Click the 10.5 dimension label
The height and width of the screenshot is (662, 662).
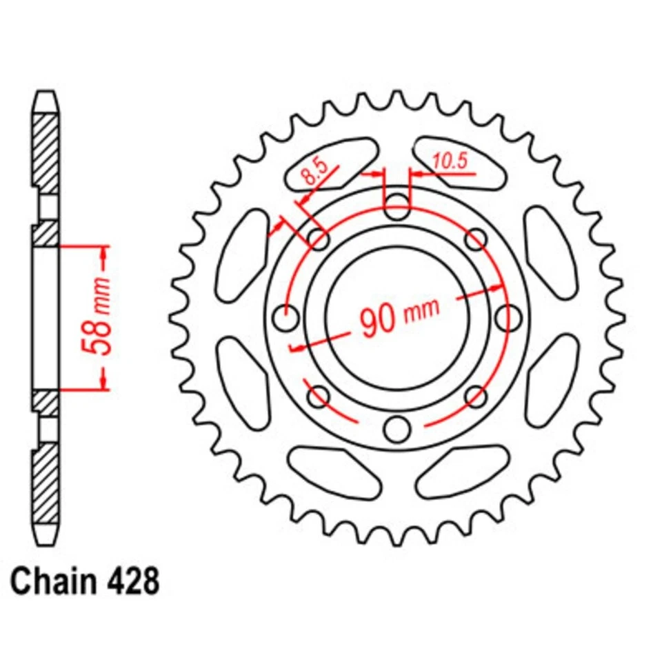(x=450, y=161)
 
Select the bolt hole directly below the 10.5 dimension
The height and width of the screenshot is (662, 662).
(x=397, y=205)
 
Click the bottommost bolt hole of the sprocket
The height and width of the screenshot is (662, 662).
(x=397, y=428)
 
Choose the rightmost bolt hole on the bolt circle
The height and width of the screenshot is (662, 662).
(x=509, y=317)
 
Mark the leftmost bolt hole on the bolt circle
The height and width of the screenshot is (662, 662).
(x=285, y=317)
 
